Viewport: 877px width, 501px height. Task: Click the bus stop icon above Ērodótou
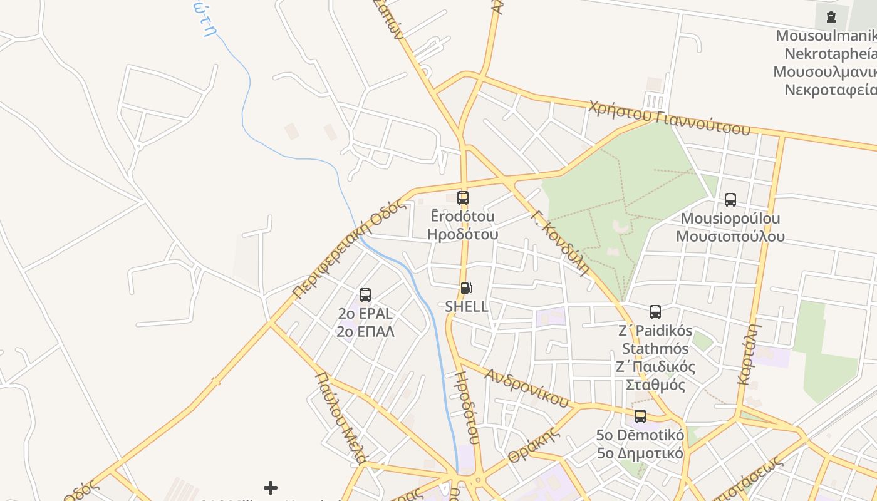coord(463,198)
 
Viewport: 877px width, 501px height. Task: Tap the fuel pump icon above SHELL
coord(466,288)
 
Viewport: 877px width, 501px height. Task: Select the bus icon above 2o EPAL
coord(365,295)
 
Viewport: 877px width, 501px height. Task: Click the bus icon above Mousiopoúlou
coord(730,200)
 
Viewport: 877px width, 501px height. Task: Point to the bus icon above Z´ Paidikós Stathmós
coord(655,312)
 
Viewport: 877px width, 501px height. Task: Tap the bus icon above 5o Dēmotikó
coord(640,416)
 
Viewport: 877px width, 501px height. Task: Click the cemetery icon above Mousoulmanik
coord(831,17)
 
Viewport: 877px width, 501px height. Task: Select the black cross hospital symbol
coord(271,487)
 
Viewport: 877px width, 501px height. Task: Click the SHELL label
coord(467,307)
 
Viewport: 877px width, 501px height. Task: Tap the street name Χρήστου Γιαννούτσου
coord(668,118)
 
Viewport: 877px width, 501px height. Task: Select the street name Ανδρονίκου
coord(526,387)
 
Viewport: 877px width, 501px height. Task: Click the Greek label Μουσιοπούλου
coord(730,237)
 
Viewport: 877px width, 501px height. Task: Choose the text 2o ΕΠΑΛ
coord(365,332)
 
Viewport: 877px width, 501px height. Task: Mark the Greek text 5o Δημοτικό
coord(640,453)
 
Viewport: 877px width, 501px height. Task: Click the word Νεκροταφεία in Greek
coord(831,90)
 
